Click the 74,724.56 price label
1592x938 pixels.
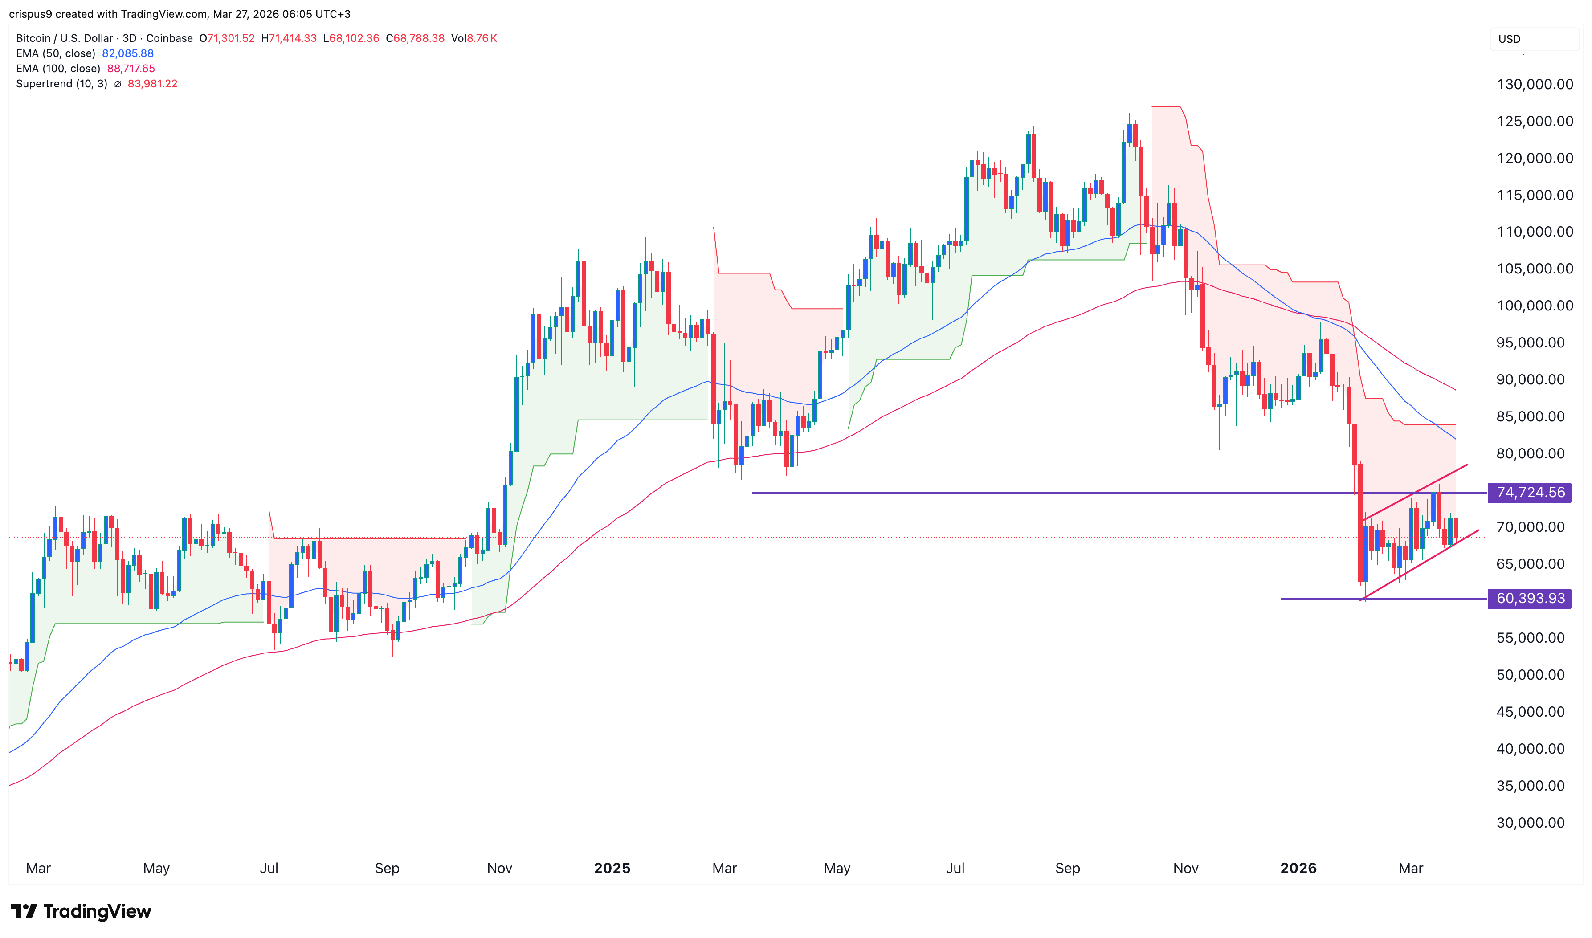pos(1530,493)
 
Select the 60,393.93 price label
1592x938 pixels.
pos(1530,598)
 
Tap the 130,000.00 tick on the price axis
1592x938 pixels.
pos(1535,84)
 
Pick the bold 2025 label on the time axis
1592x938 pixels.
pos(612,868)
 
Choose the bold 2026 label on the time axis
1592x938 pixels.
pos(1298,868)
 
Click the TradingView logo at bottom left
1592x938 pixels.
pos(81,911)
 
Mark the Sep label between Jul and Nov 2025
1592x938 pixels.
pos(1067,868)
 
